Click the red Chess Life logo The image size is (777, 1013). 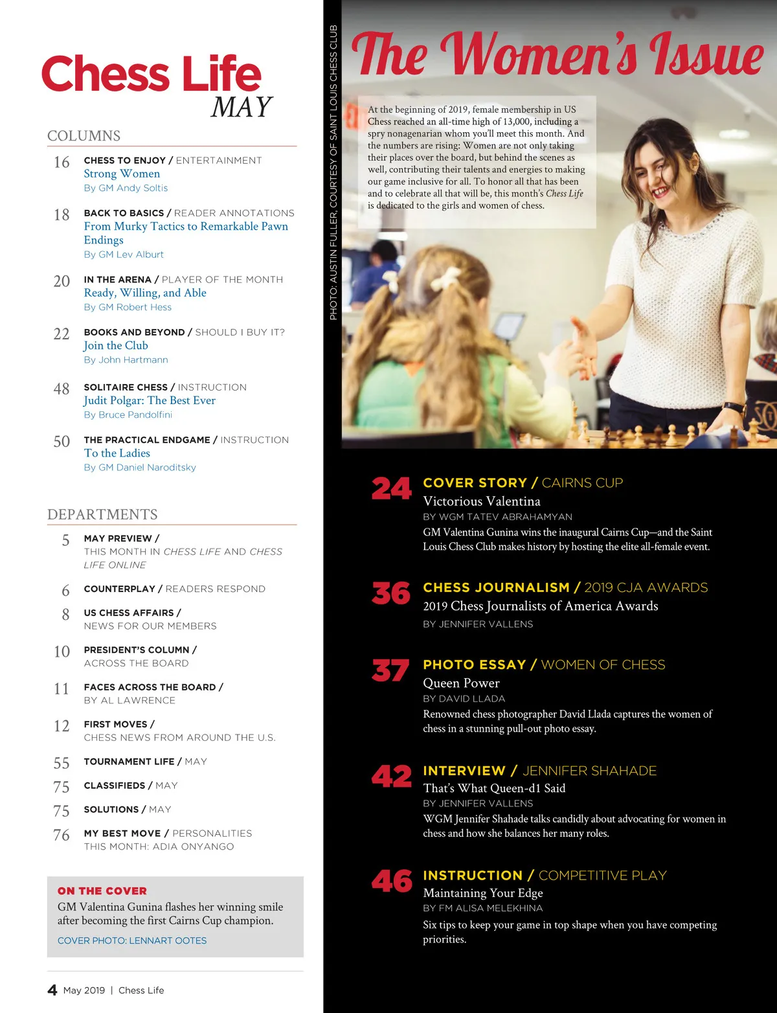click(152, 74)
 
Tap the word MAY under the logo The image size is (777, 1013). click(241, 108)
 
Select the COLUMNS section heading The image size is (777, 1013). click(84, 136)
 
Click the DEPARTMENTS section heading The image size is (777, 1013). click(102, 514)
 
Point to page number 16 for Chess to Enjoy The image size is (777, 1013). click(62, 163)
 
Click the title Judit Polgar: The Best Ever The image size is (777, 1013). click(150, 400)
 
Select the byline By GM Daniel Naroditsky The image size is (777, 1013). click(140, 468)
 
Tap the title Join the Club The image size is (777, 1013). click(116, 346)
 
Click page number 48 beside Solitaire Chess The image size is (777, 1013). click(62, 389)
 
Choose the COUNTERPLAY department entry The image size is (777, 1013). click(174, 589)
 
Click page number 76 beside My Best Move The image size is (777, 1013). click(62, 836)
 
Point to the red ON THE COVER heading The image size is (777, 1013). click(102, 891)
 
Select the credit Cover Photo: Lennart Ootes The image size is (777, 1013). click(132, 940)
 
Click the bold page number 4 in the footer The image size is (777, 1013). click(52, 990)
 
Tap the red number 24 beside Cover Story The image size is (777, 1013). click(391, 489)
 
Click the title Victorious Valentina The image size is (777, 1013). click(482, 501)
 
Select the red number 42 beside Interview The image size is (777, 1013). click(391, 777)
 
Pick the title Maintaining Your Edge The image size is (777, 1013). click(483, 893)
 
